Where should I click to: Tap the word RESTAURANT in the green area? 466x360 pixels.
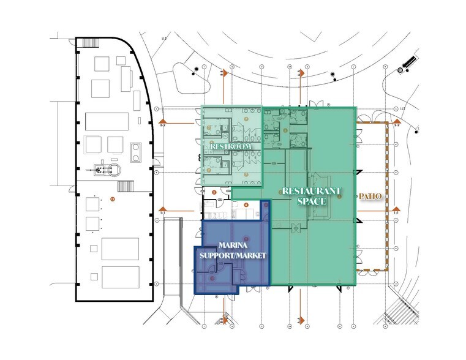click(x=310, y=191)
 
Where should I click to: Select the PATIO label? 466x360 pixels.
click(x=370, y=197)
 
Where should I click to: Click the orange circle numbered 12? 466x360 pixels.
click(x=112, y=199)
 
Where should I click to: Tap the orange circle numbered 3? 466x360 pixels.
click(x=214, y=192)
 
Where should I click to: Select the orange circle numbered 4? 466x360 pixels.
click(x=246, y=205)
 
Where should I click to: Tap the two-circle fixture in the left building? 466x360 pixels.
click(x=137, y=149)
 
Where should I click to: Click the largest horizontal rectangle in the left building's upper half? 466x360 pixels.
click(x=106, y=121)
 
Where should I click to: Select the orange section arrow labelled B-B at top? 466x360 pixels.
click(x=224, y=73)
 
